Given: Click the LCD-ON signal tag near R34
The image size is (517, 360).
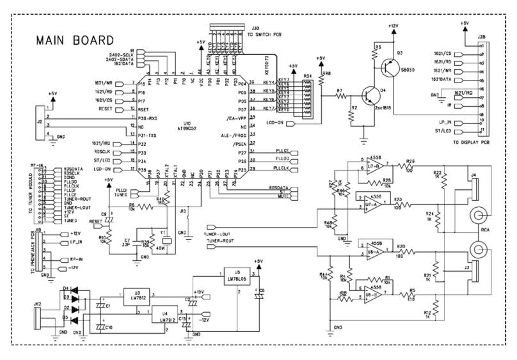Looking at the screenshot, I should [276, 122].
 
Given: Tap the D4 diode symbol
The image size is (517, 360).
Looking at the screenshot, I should [76, 289].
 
